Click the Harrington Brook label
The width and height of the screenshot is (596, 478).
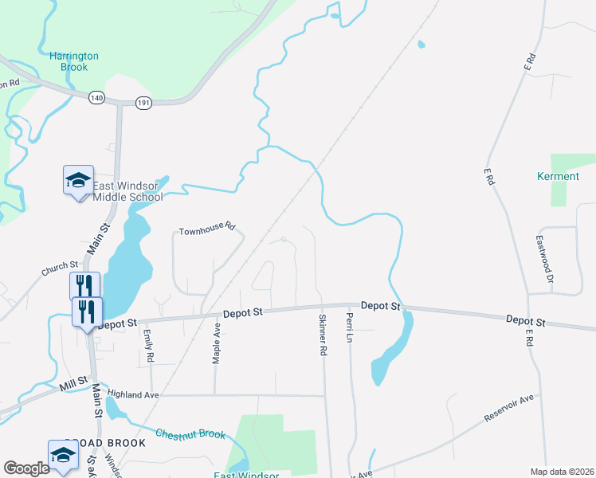(74, 61)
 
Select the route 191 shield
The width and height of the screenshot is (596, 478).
(143, 102)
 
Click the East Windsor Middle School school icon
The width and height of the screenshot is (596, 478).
(78, 181)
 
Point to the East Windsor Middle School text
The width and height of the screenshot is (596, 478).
(128, 192)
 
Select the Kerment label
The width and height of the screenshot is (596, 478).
(558, 176)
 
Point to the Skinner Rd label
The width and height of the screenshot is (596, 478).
(323, 335)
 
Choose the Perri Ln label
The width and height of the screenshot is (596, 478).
(349, 327)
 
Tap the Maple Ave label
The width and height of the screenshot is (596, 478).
(216, 343)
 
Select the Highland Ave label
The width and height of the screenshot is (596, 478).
(134, 394)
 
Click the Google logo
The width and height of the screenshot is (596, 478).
(26, 468)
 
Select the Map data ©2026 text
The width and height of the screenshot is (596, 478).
(562, 471)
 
